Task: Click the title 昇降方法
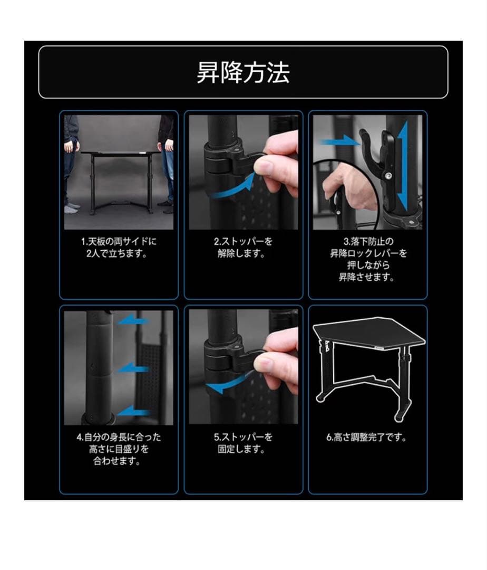click(x=243, y=72)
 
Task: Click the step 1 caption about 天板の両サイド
click(x=119, y=247)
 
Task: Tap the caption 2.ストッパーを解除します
click(x=243, y=247)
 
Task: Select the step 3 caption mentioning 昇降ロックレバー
click(x=368, y=259)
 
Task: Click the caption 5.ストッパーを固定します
click(x=243, y=443)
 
